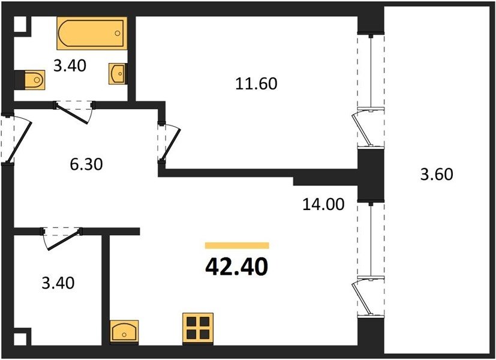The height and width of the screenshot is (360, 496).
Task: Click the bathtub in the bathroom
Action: pos(92,33)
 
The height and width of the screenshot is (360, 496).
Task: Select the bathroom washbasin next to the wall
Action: pos(118,74)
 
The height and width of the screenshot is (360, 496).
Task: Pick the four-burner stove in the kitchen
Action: pos(198,329)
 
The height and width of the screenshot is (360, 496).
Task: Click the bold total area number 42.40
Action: pos(237,266)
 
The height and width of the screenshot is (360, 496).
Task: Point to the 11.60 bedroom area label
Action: pos(256,84)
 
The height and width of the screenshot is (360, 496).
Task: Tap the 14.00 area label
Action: pos(323,204)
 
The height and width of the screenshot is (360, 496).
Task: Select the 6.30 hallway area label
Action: pos(86,164)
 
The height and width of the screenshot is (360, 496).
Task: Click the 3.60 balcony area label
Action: pos(437,175)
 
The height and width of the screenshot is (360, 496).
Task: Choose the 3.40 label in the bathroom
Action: pos(70,66)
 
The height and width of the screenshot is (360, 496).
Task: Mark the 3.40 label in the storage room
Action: pos(58,283)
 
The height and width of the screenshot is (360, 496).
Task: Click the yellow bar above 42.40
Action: pos(237,245)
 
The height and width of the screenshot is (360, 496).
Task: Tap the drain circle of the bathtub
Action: pos(118,33)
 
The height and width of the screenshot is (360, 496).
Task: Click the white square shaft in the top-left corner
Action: pos(20,24)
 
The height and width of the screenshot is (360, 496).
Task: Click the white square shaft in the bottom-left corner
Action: pos(20,340)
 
